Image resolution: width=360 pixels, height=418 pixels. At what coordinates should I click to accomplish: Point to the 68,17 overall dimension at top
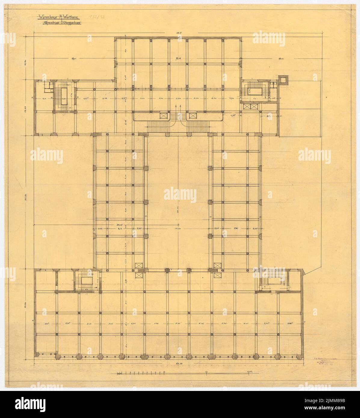click(x=180, y=33)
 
